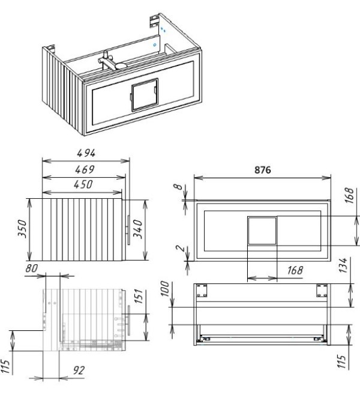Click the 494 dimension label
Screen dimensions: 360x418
86,153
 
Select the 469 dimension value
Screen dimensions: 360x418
85,169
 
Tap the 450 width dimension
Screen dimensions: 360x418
83,184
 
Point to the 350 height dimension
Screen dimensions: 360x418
22,229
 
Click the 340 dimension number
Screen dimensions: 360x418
138,229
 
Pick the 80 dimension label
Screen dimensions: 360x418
32,268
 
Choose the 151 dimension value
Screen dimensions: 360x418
139,296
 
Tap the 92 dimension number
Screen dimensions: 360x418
79,371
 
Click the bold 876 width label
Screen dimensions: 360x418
263,170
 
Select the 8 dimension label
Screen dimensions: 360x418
178,187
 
